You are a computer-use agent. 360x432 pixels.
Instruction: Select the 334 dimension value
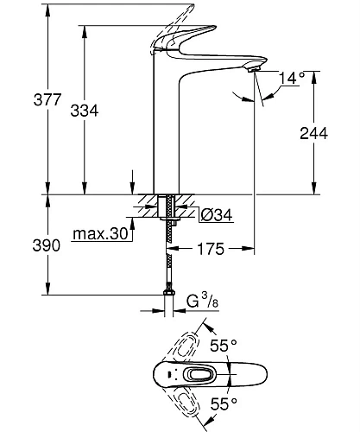coord(101,111)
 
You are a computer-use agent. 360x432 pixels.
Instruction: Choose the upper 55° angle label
coord(222,346)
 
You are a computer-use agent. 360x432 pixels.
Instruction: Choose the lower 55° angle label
coord(222,404)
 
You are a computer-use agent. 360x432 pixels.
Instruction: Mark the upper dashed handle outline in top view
coord(192,346)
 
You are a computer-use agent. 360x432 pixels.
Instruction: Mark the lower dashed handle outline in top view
coord(192,403)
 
